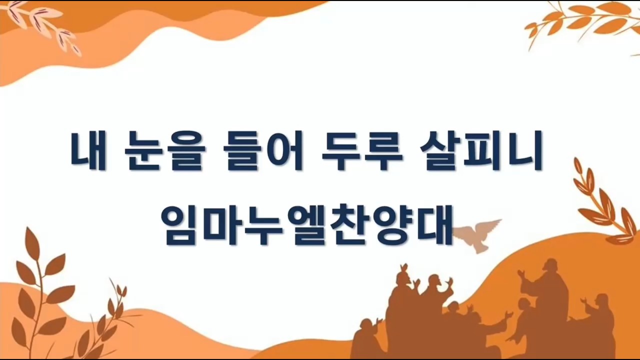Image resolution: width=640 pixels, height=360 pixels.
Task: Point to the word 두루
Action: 362,151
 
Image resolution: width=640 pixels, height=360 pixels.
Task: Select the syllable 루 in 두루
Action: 383,151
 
